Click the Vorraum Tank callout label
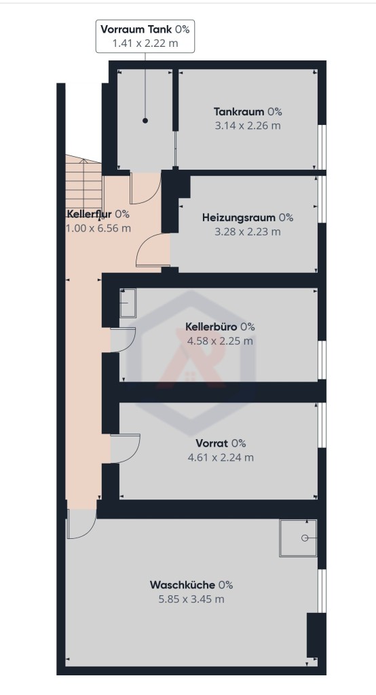pos(145,37)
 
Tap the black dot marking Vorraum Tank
pos(145,121)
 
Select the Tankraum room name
pos(239,112)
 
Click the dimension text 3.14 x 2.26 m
pos(248,126)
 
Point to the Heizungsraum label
pos(239,218)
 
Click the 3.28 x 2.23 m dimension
pos(248,231)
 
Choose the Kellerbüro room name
pos(212,326)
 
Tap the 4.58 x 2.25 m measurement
pos(221,341)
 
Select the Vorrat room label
pos(212,443)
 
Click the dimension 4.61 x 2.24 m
pos(221,457)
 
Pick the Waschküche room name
pos(183,585)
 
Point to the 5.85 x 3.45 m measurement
pos(191,599)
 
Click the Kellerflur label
pos(89,214)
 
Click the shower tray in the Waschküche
pos(298,538)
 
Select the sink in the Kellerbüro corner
pos(128,303)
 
